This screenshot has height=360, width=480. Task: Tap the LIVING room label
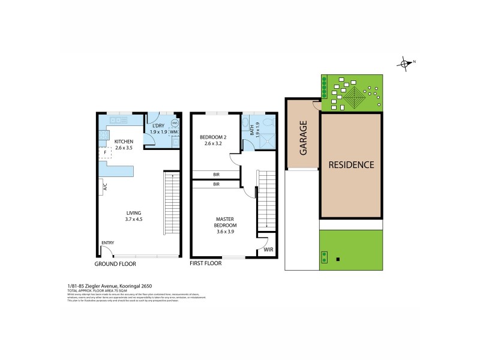tap(134, 215)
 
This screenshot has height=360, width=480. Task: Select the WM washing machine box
tap(175, 133)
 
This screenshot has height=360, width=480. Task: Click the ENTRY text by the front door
tap(107, 243)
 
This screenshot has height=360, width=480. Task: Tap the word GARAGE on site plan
tap(304, 138)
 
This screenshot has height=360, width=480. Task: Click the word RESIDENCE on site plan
tap(351, 164)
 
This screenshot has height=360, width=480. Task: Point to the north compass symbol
tap(406, 62)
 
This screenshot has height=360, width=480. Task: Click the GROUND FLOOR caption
tap(115, 263)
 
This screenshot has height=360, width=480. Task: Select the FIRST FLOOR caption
tap(206, 263)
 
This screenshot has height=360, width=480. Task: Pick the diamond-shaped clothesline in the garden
tap(354, 96)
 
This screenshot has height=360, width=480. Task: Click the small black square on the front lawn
tap(339, 260)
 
